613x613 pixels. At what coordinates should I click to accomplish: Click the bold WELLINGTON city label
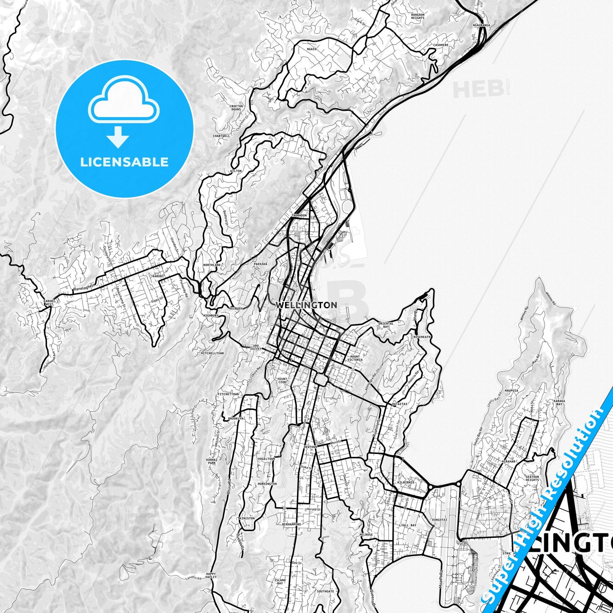(x=306, y=305)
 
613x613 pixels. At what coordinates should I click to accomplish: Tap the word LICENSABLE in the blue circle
(x=125, y=162)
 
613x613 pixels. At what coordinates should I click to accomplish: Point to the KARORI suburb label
(x=157, y=276)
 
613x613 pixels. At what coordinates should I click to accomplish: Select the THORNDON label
(x=299, y=216)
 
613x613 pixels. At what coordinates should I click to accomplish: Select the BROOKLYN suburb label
(x=235, y=418)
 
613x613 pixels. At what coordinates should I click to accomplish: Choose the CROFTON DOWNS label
(x=236, y=108)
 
